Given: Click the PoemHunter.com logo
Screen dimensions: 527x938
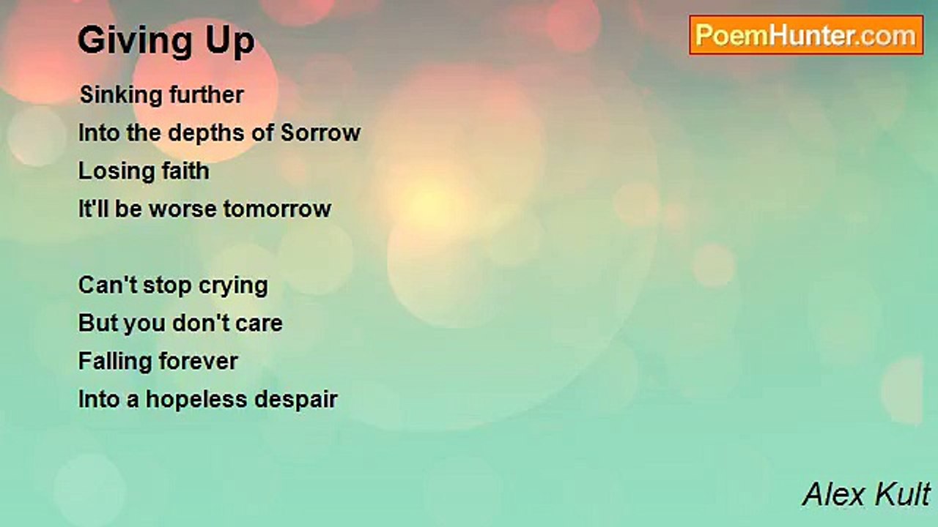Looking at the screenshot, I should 805,35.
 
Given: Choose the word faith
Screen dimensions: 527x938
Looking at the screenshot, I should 182,171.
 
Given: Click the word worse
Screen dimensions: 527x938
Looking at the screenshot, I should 183,209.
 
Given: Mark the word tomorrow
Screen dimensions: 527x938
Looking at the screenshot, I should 278,209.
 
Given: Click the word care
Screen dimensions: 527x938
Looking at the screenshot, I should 259,324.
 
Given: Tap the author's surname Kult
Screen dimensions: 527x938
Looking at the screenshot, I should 901,495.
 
